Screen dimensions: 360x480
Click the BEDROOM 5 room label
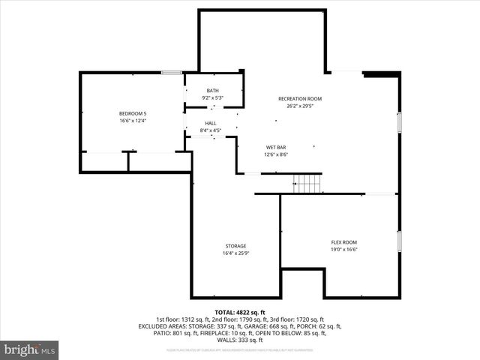pos(132,113)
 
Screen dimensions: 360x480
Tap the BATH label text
pos(213,91)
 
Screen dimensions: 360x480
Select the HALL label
pos(210,124)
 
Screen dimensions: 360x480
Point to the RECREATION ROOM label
pos(299,99)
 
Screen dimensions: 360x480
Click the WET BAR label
pos(276,147)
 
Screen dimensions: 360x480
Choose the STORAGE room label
pos(235,246)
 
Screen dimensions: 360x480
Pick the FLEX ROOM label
pos(344,241)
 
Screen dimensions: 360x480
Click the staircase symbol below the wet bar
pos(307,182)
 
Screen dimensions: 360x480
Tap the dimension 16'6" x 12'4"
pos(132,121)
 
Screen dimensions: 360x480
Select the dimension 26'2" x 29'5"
pos(299,106)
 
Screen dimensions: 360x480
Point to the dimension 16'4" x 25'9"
pos(235,253)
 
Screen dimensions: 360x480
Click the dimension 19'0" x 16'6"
pos(344,249)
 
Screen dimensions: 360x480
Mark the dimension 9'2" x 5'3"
pos(213,98)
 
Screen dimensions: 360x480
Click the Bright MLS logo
pos(30,349)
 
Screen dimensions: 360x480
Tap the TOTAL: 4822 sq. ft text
pos(239,312)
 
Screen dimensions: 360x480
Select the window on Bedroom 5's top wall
pos(172,73)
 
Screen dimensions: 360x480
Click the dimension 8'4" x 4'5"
pos(210,131)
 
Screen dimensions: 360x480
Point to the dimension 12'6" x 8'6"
pos(276,154)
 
